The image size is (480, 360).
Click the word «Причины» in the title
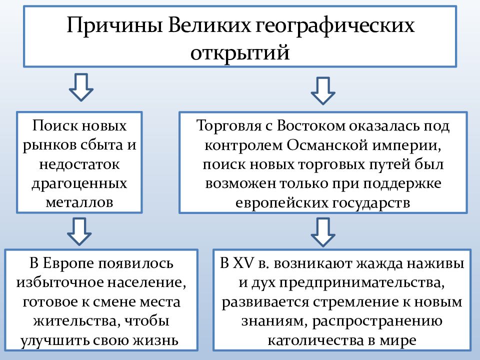114,25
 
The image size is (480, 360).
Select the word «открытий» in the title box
240,52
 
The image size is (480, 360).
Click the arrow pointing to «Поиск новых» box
81,87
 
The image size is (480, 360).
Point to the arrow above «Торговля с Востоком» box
322,91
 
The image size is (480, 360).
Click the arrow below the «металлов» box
79,231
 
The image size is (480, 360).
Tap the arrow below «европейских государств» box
322,232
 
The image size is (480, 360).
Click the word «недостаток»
79,164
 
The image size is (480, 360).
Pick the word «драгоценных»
79,184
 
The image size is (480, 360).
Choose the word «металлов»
79,202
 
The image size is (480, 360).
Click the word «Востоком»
310,126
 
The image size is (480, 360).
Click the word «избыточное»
60,282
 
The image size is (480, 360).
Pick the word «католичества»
318,340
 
